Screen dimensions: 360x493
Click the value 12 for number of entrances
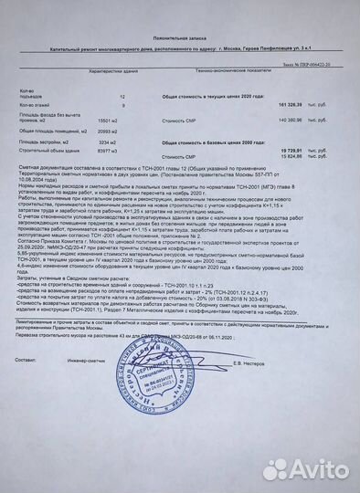[122, 96]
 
